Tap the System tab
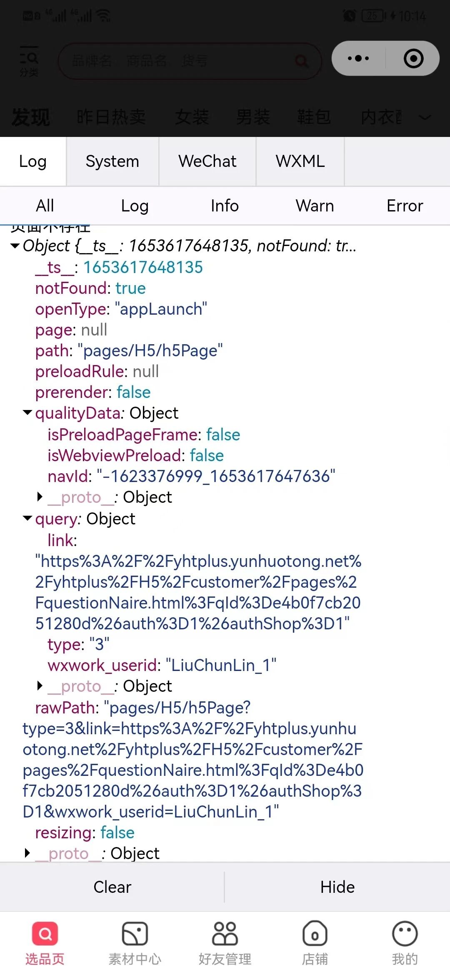112,162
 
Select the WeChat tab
207,162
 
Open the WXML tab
300,162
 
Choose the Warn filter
315,206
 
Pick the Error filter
405,206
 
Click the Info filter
225,206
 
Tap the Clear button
112,887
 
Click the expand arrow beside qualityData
27,413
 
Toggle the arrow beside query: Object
27,519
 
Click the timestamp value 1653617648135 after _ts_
143,268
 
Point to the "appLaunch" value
163,309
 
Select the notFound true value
130,288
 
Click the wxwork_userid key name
102,665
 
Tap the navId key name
67,476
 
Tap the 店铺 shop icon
315,934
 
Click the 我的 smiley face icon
405,934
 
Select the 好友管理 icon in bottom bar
225,934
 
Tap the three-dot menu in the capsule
358,58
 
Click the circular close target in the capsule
413,58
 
